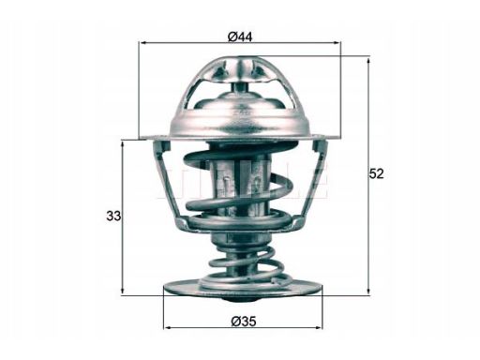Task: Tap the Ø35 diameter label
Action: (241, 323)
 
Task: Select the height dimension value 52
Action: (377, 173)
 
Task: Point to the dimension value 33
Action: (113, 217)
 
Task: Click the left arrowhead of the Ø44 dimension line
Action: (143, 44)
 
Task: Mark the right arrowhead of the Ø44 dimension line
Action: (336, 44)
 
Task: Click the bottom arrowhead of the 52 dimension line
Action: (368, 291)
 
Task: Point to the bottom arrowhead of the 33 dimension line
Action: (123, 291)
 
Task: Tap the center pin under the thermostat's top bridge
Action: (240, 89)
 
